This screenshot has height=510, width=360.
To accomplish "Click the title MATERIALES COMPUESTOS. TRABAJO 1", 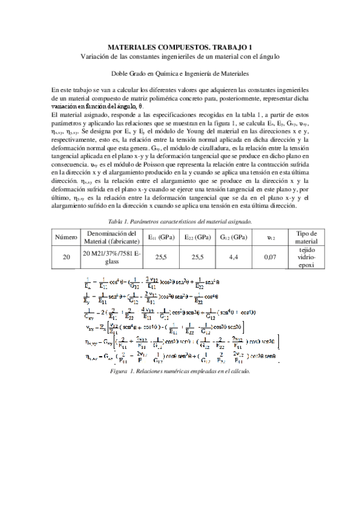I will (180, 46).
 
